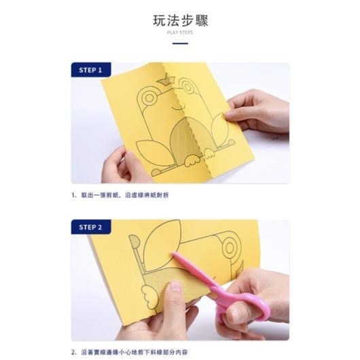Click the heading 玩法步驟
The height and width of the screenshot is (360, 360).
pos(179,20)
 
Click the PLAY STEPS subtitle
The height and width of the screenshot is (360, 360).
pos(179,33)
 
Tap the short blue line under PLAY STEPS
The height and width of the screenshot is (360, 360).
pos(179,43)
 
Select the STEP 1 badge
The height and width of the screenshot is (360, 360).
pos(90,70)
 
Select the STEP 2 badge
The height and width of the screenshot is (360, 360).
pos(90,227)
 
